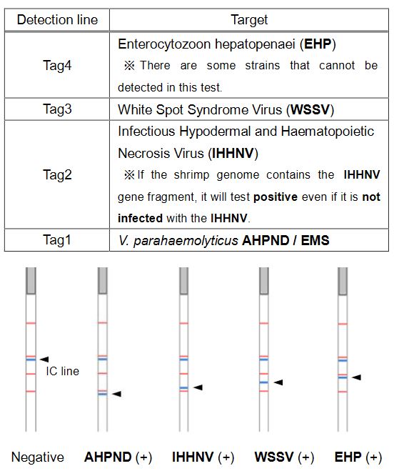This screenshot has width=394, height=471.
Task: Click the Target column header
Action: click(249, 19)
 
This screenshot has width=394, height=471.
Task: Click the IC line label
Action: click(62, 372)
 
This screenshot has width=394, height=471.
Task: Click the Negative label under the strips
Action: click(37, 457)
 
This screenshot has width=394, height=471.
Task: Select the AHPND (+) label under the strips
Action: click(118, 457)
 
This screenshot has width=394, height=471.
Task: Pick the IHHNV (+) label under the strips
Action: click(203, 457)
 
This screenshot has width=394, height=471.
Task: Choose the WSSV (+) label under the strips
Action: click(284, 457)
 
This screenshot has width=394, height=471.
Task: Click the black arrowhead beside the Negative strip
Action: click(44, 359)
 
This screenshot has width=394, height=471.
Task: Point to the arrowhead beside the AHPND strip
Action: click(117, 394)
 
